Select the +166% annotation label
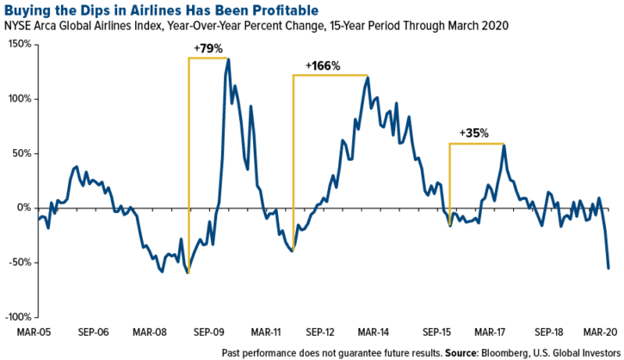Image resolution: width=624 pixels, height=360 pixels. [x=323, y=65]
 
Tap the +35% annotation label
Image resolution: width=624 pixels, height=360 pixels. [x=474, y=133]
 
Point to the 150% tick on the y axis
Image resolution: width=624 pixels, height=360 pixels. [x=20, y=44]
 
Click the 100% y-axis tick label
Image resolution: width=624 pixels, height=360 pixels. [x=20, y=99]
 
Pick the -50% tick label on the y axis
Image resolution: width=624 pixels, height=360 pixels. [x=20, y=263]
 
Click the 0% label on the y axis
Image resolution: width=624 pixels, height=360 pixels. [x=25, y=208]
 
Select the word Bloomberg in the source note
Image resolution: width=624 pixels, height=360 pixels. [x=522, y=353]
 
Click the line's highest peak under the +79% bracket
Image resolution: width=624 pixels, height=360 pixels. [x=228, y=59]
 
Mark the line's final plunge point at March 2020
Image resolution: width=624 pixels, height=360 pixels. [x=609, y=268]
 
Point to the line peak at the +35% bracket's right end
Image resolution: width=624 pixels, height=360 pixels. [x=504, y=146]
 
